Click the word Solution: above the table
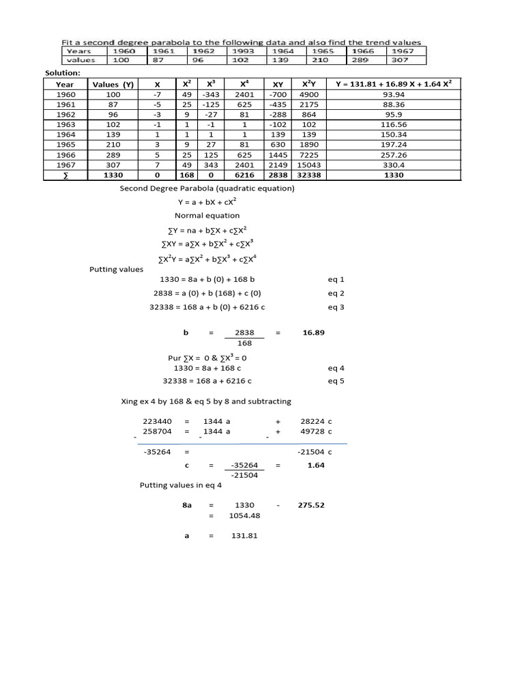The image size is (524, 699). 63,72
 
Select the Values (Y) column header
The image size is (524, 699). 113,84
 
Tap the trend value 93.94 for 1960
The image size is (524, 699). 394,94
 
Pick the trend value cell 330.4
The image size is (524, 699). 394,165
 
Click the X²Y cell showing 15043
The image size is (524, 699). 309,165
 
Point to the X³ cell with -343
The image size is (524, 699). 212,94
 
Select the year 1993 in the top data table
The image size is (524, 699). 244,51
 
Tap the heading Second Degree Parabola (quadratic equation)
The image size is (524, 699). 207,188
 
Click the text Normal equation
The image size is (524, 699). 207,215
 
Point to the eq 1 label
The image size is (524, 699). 336,279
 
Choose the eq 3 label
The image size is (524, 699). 336,307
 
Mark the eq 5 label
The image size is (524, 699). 336,381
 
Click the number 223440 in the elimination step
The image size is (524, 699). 157,421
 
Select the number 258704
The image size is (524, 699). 157,431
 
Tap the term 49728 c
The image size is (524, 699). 316,431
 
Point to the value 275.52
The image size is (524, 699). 311,505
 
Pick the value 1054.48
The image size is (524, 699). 244,515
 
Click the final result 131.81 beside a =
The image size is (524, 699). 244,536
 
